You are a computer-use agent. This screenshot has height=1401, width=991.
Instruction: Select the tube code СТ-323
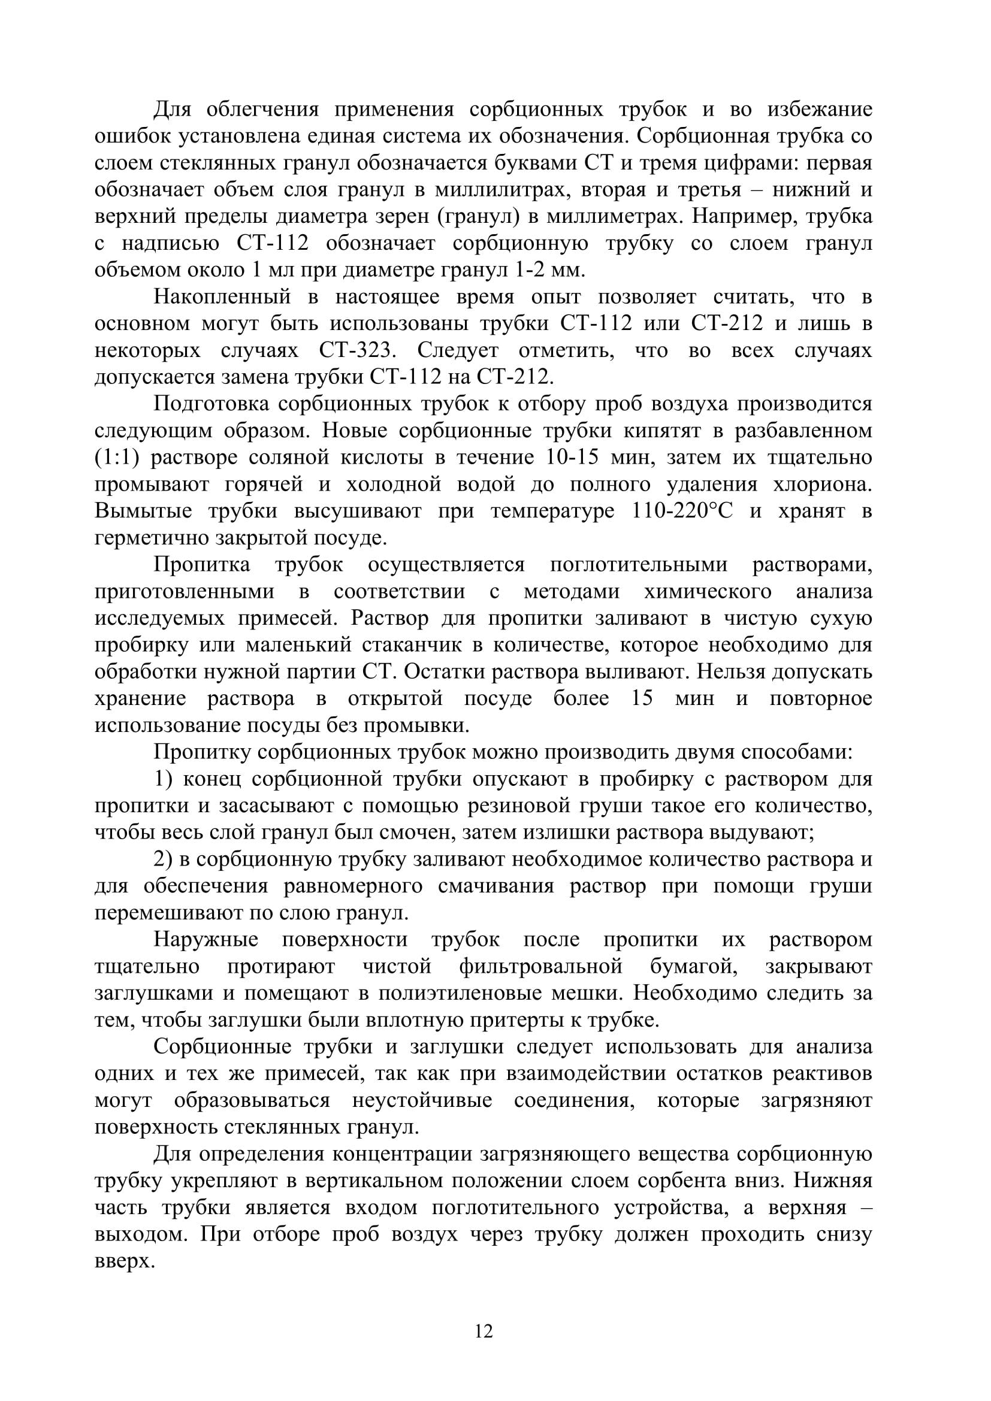358,351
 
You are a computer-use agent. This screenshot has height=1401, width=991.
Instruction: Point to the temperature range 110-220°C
679,511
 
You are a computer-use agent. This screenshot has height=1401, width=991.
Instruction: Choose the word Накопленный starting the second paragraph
222,297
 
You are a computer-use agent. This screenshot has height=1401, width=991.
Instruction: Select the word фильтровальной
540,966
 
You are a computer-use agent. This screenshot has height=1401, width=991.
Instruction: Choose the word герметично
148,537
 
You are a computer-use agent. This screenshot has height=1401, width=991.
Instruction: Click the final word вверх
125,1260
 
